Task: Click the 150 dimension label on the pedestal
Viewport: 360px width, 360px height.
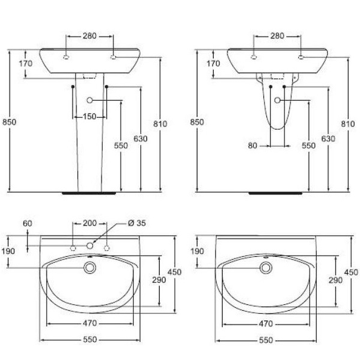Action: tap(90, 117)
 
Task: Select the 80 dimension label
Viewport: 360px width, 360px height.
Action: tap(252, 145)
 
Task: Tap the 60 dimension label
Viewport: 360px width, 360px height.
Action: tap(28, 223)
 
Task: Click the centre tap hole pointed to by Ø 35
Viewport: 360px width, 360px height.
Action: tap(90, 245)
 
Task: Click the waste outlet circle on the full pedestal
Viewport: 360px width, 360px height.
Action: tap(90, 100)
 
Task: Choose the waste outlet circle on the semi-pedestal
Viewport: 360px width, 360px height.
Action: tap(277, 99)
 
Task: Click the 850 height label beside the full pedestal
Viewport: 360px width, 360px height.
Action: tap(9, 122)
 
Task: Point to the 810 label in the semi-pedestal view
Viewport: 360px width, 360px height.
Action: tap(349, 125)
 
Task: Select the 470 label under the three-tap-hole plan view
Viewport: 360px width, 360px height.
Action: tap(90, 323)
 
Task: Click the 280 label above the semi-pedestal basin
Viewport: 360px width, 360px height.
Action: tap(277, 36)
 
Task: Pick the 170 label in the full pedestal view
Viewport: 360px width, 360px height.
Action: tap(26, 63)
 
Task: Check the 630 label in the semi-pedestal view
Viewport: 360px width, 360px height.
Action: tap(328, 139)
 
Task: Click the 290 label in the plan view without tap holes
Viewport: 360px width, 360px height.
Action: tap(336, 280)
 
